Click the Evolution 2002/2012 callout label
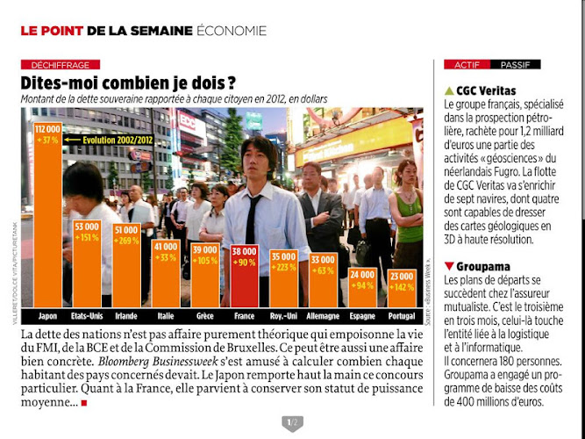118,139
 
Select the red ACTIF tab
467,65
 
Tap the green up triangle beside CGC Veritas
450,90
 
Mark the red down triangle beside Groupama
450,264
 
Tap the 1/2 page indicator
292,423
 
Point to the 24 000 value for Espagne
363,275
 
